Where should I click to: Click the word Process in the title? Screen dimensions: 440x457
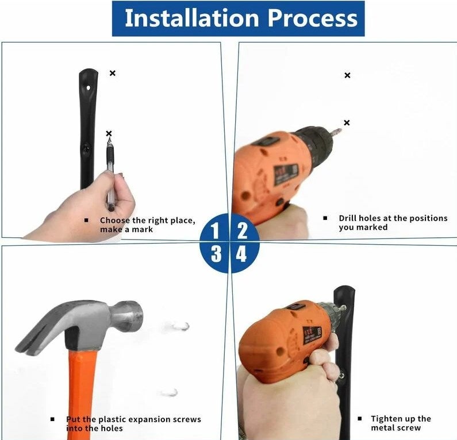(312, 18)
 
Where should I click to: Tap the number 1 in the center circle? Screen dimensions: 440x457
(215, 230)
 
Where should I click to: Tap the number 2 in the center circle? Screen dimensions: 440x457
(243, 230)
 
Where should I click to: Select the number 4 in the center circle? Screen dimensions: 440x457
(242, 254)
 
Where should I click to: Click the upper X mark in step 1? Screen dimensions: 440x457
(113, 73)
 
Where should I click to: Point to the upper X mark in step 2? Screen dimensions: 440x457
(347, 75)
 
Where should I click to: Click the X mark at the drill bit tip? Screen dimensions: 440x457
(347, 122)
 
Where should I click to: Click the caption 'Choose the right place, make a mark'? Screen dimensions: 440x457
(147, 225)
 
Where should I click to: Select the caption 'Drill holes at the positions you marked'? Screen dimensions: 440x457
(392, 222)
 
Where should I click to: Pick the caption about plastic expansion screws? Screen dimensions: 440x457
(133, 423)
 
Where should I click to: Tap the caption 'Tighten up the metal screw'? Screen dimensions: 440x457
(400, 423)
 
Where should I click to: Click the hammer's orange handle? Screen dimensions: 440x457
(83, 391)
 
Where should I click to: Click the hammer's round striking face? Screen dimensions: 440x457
(133, 315)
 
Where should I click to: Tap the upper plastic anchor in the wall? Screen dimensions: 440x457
(181, 326)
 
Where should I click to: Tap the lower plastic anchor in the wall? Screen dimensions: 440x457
(169, 392)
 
